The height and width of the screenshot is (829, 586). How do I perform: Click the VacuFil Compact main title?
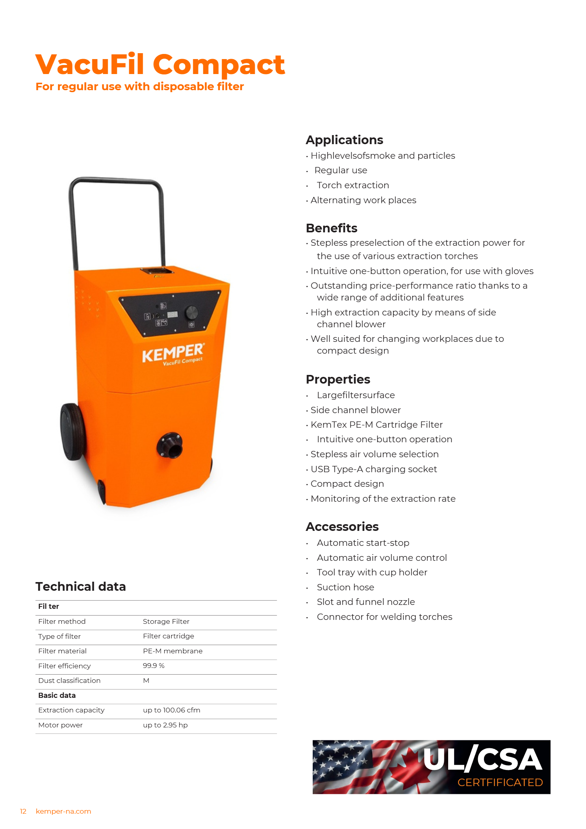tap(160, 64)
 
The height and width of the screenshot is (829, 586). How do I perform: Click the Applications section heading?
tap(344, 140)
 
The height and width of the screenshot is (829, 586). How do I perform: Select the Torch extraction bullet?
tap(352, 185)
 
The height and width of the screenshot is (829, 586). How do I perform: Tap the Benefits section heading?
tap(331, 228)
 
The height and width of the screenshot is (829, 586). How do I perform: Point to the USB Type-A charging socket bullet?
tap(373, 469)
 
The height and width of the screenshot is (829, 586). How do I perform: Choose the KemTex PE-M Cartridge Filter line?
tap(376, 425)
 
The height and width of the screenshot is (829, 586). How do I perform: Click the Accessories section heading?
tap(342, 527)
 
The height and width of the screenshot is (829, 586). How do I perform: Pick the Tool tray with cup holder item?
tap(372, 572)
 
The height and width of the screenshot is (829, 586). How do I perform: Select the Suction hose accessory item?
tap(345, 587)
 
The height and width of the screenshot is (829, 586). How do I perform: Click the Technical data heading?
tap(81, 586)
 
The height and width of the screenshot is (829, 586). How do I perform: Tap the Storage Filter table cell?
tap(166, 621)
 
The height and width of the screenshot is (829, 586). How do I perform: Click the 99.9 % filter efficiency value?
tap(154, 666)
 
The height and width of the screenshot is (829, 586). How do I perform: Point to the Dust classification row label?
tap(69, 681)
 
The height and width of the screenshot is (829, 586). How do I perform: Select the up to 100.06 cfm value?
tap(171, 710)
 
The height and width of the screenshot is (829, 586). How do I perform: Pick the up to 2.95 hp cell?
tap(165, 725)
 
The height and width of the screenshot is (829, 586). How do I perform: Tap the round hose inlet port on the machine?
tap(170, 445)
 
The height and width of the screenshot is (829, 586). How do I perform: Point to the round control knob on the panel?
tap(191, 312)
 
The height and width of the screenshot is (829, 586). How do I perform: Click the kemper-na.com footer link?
tap(63, 811)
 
